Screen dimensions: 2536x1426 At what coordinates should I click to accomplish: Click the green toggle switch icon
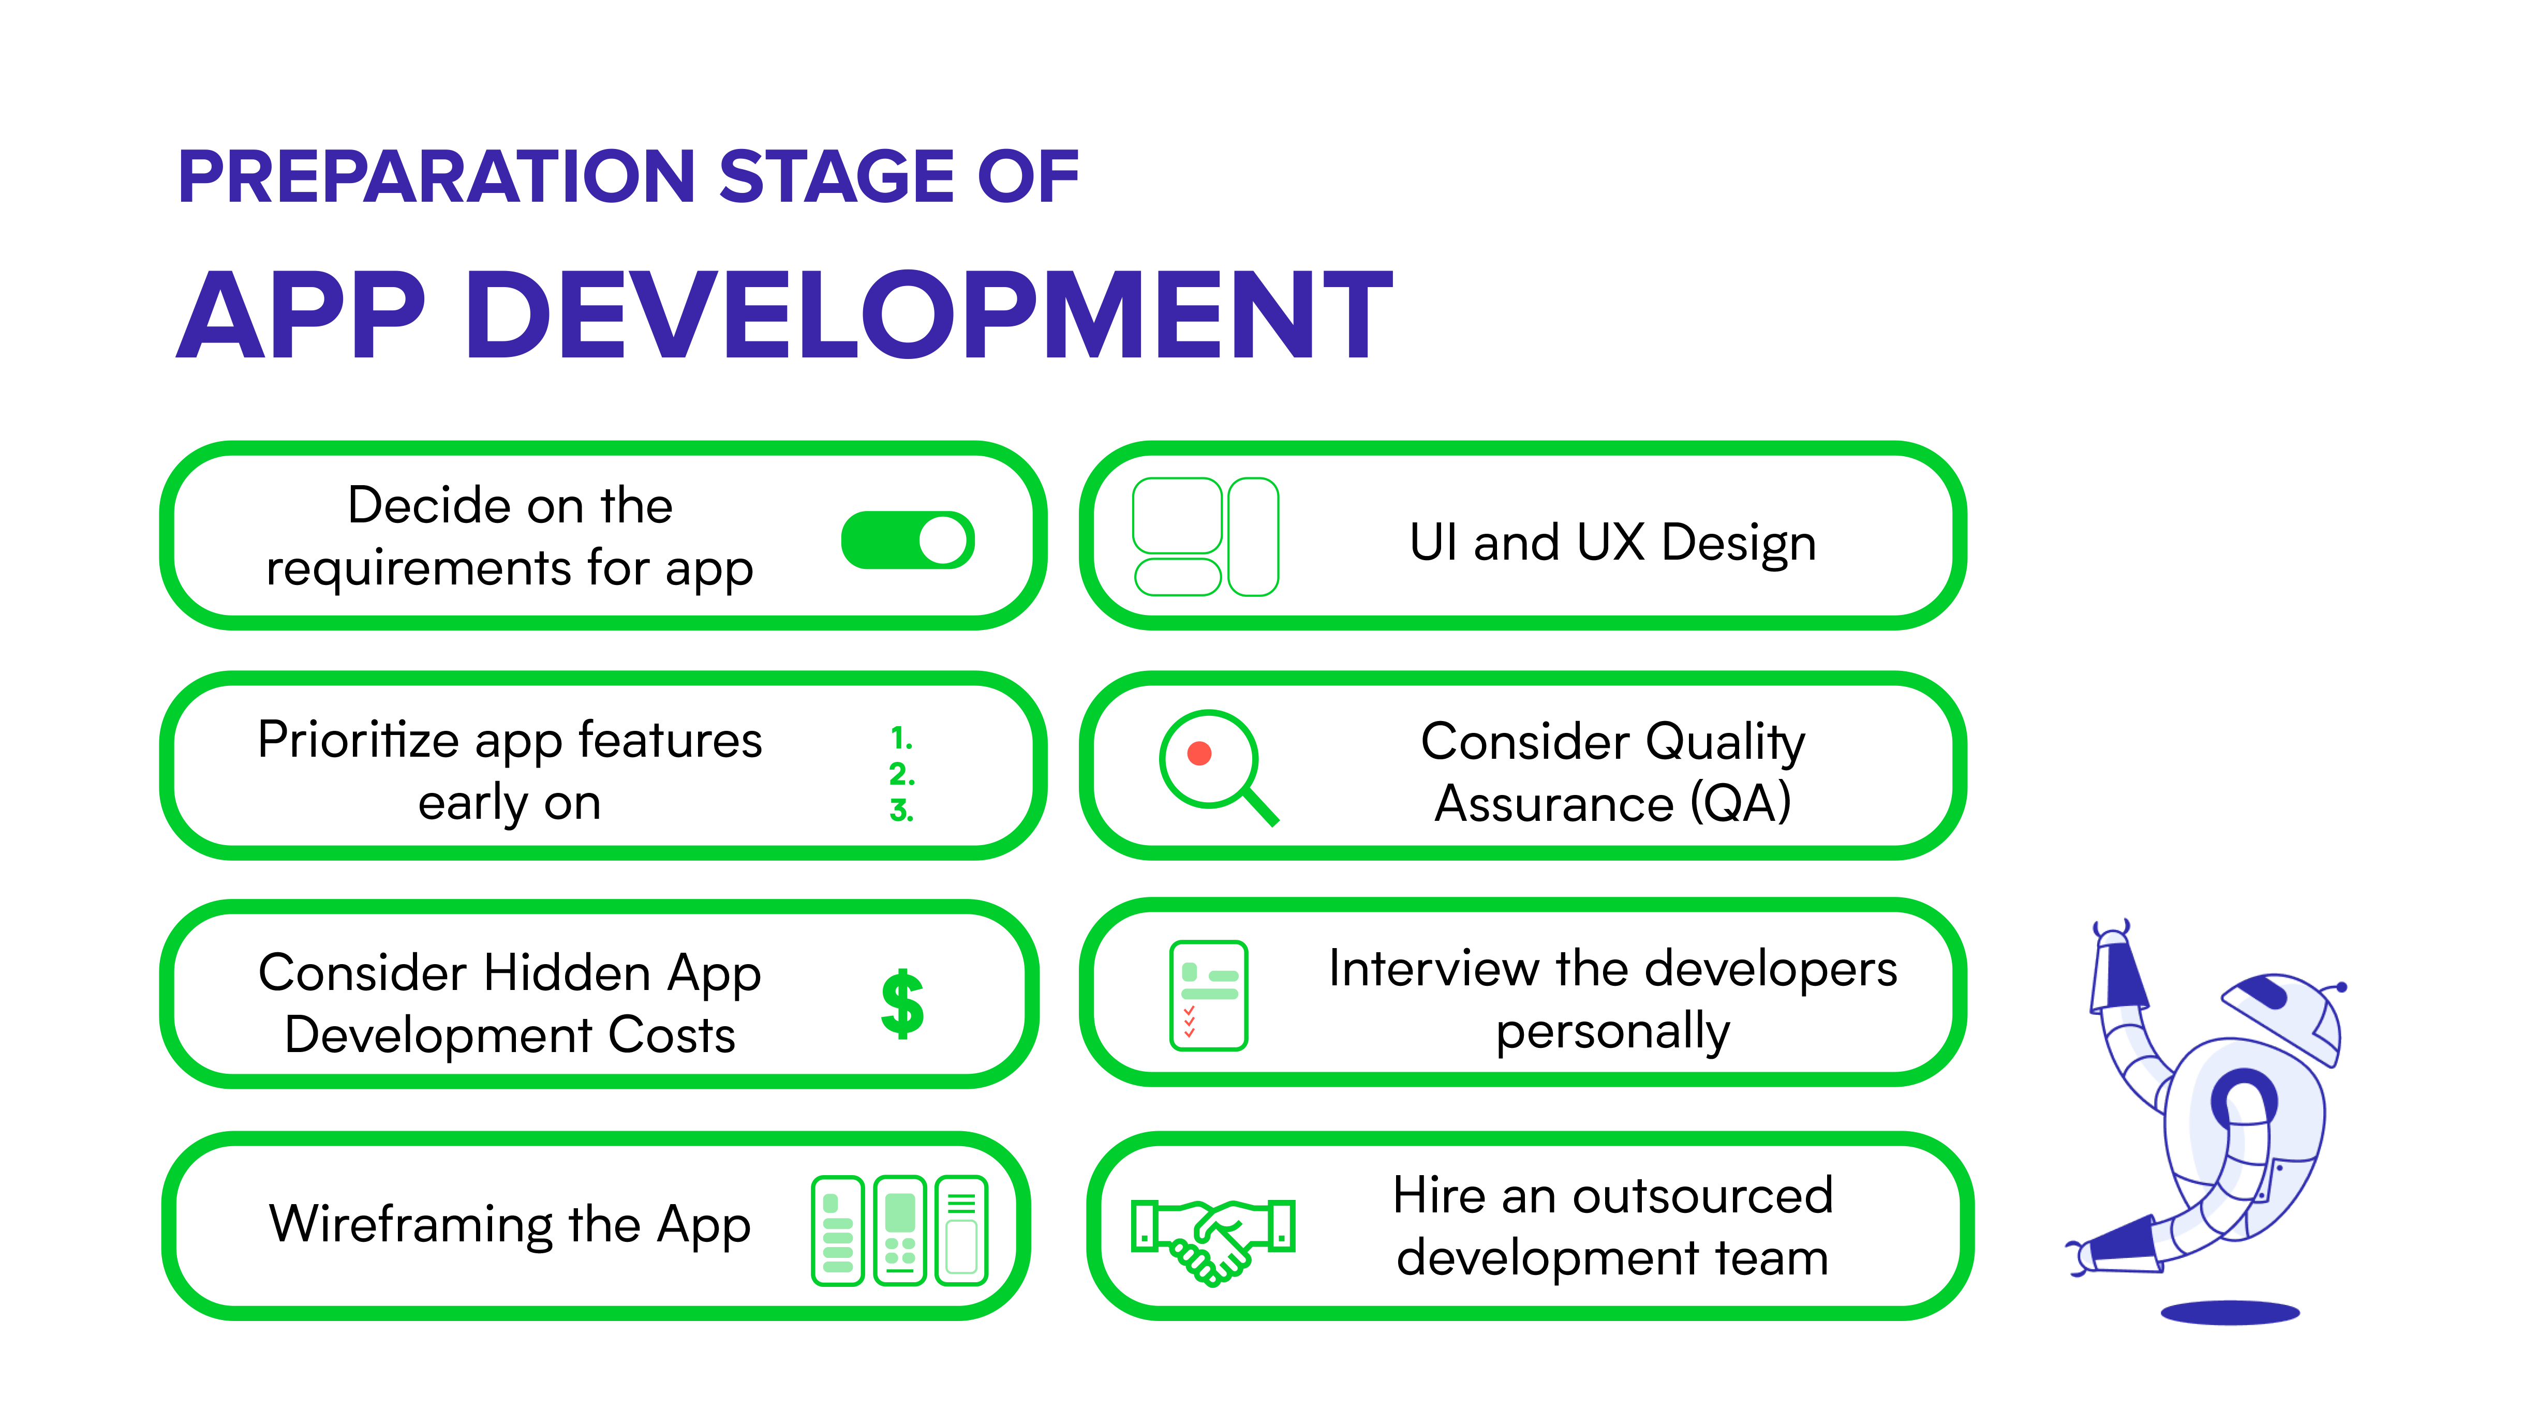coord(907,539)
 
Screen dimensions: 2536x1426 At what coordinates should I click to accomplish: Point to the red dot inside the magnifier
coord(1199,754)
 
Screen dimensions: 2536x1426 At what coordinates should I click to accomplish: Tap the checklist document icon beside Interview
coord(1208,995)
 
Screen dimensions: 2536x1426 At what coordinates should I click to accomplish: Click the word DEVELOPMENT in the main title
coord(928,315)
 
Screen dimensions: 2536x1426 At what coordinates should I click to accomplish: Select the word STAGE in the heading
coord(836,177)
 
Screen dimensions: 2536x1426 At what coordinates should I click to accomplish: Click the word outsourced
coord(1702,1196)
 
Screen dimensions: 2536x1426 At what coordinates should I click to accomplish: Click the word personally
coord(1612,1032)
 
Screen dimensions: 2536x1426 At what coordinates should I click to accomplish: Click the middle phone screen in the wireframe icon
coord(900,1230)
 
